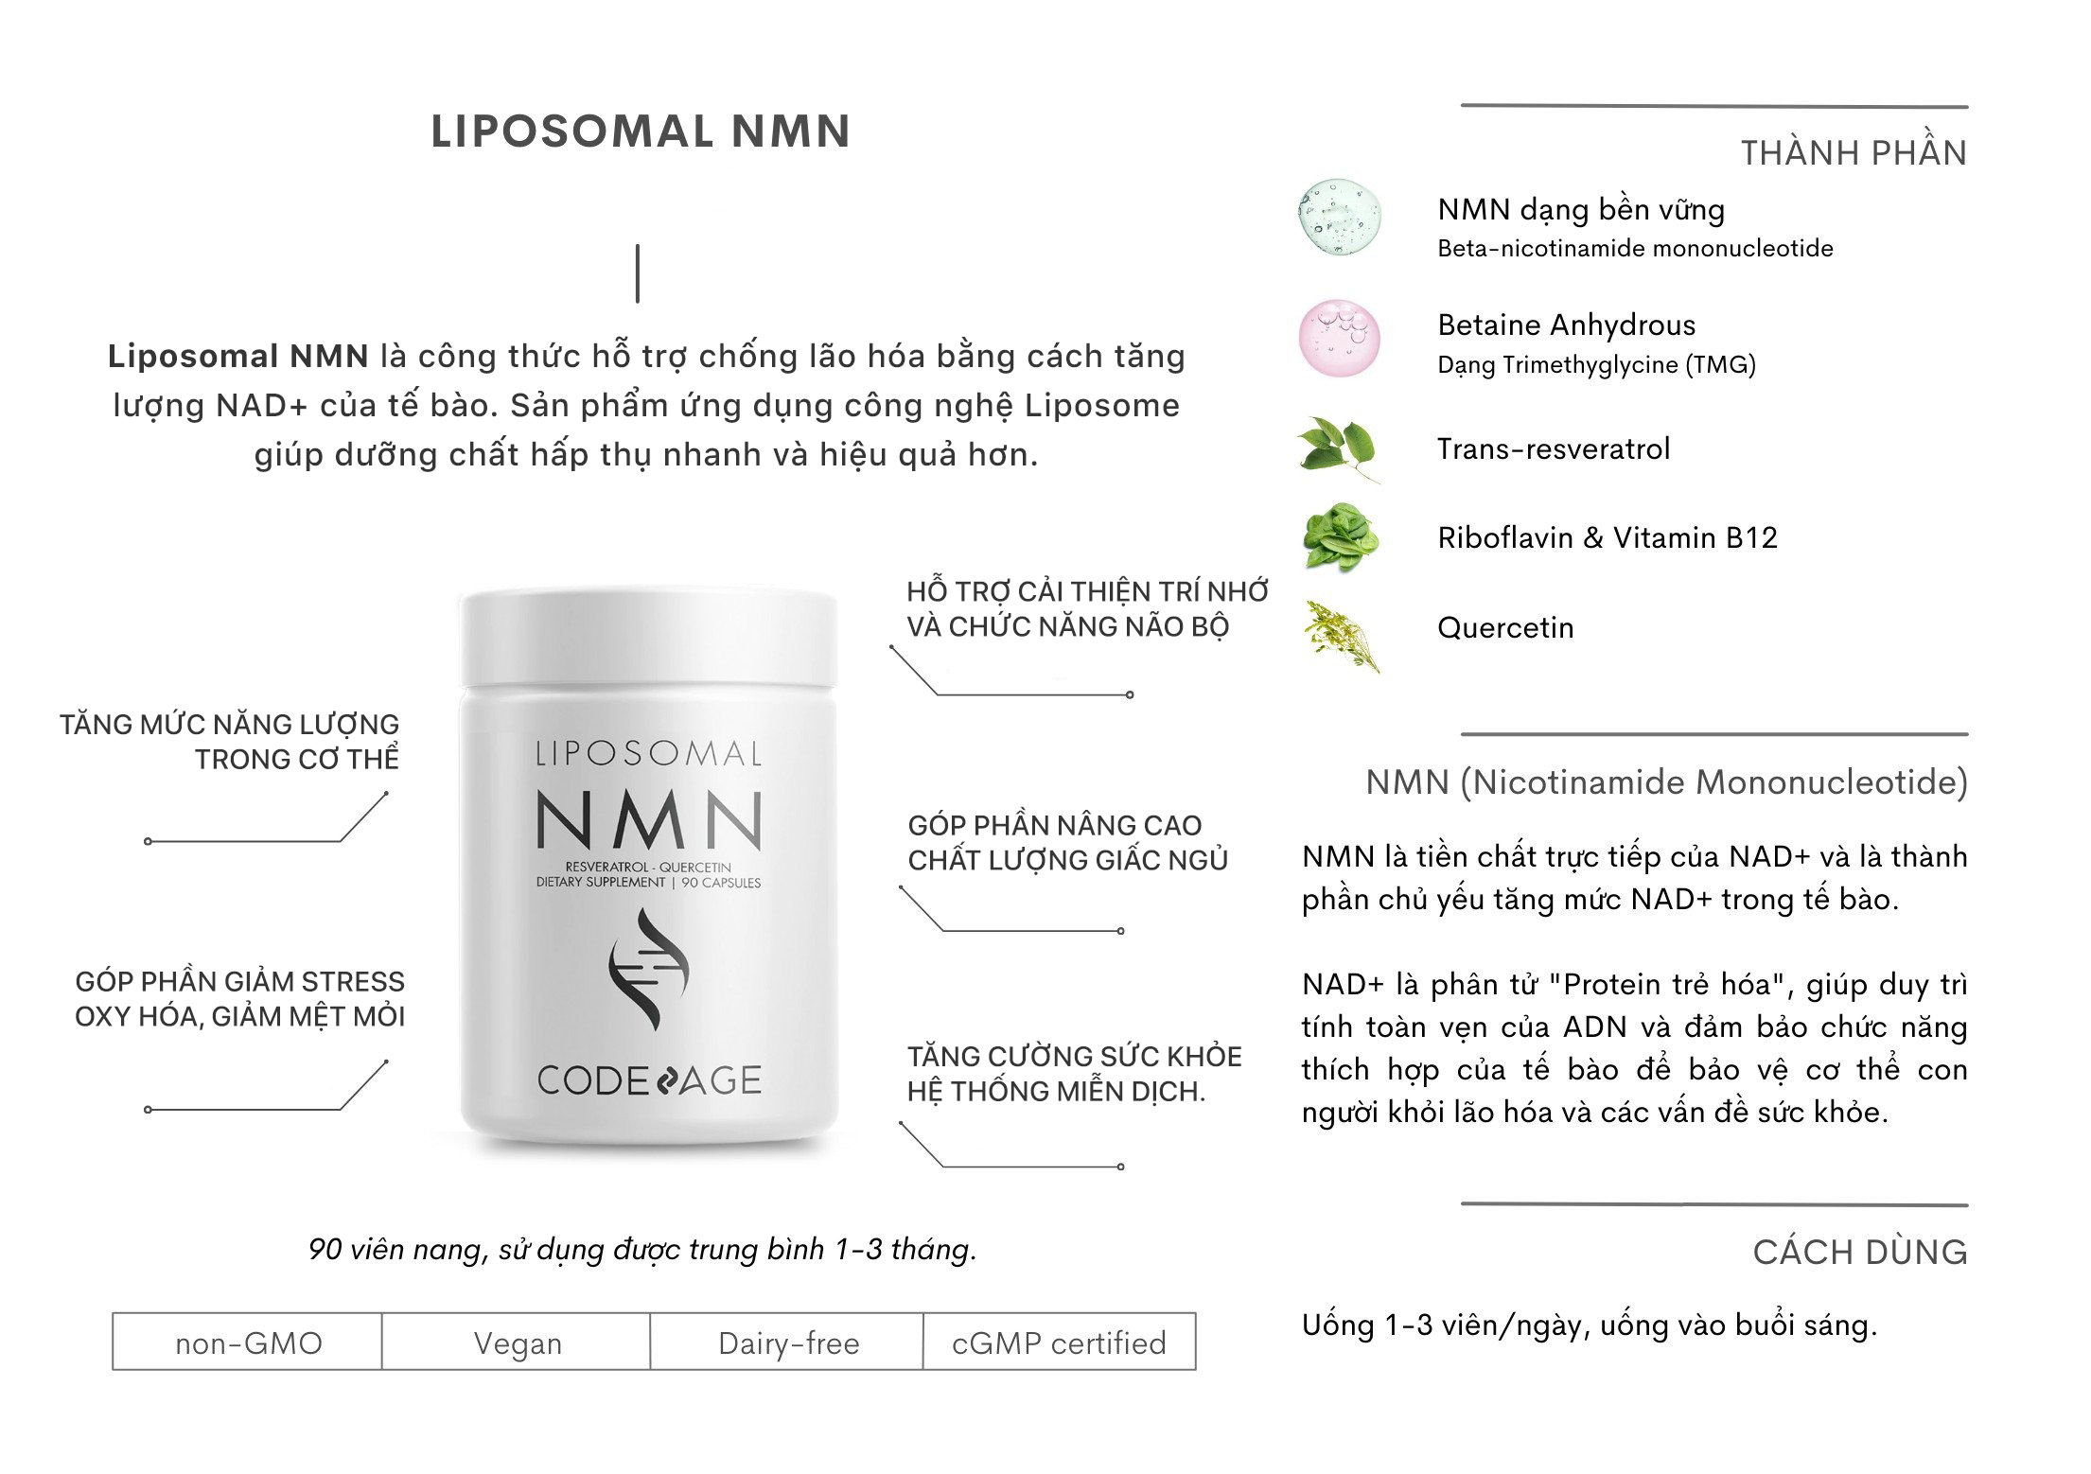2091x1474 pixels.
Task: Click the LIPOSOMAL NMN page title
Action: pyautogui.click(x=641, y=132)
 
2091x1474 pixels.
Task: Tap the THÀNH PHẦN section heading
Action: pyautogui.click(x=1854, y=153)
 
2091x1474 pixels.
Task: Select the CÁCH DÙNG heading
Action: pyautogui.click(x=1859, y=1252)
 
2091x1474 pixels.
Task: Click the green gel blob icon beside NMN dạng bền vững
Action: pyautogui.click(x=1339, y=221)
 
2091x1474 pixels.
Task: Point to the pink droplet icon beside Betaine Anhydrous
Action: pyautogui.click(x=1339, y=339)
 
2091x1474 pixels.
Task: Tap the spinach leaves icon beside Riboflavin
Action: pyautogui.click(x=1340, y=536)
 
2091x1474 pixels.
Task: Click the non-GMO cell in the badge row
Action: pyautogui.click(x=248, y=1342)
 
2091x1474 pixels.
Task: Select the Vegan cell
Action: pyautogui.click(x=517, y=1342)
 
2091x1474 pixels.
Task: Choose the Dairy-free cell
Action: pyautogui.click(x=787, y=1342)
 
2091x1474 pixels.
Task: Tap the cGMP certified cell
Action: pyautogui.click(x=1059, y=1342)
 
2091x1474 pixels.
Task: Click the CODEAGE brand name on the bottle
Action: pyautogui.click(x=648, y=1080)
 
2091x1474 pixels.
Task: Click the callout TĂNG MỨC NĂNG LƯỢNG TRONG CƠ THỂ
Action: pyautogui.click(x=230, y=742)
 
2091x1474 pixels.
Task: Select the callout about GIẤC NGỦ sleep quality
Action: pyautogui.click(x=1066, y=843)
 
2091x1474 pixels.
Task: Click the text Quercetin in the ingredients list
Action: pyautogui.click(x=1504, y=628)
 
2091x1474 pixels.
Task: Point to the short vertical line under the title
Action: pyautogui.click(x=638, y=273)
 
